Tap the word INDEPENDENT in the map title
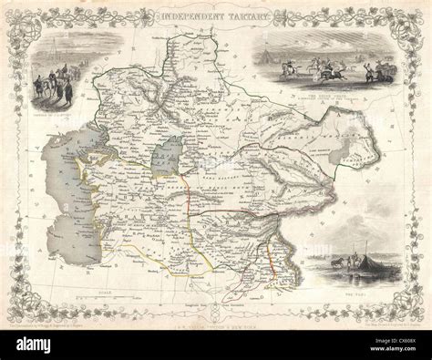click(190, 16)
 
